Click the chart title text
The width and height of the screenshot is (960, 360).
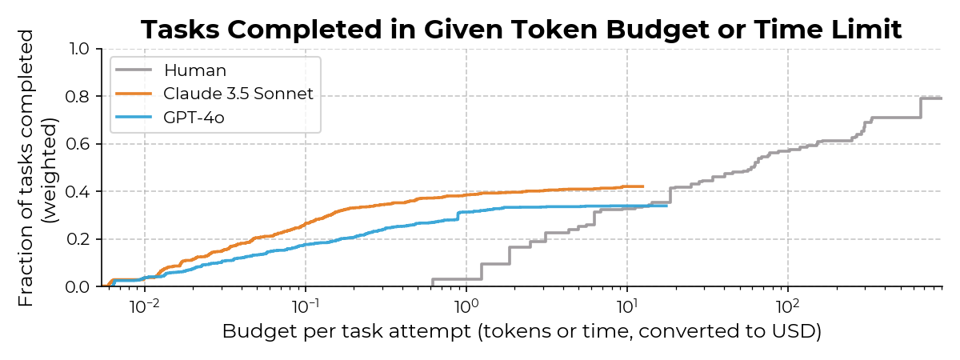click(521, 30)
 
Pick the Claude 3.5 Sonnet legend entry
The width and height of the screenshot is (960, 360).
click(238, 94)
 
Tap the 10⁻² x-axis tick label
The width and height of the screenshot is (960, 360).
click(144, 306)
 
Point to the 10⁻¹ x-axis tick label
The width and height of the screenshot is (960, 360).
click(305, 306)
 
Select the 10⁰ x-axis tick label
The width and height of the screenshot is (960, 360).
click(466, 306)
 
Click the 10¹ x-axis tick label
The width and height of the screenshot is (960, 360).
click(627, 306)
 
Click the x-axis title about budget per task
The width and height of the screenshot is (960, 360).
click(522, 332)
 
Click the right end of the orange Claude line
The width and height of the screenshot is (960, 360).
click(643, 186)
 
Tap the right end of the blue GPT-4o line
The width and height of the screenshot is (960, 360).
click(666, 206)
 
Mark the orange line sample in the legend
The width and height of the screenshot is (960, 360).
click(134, 94)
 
